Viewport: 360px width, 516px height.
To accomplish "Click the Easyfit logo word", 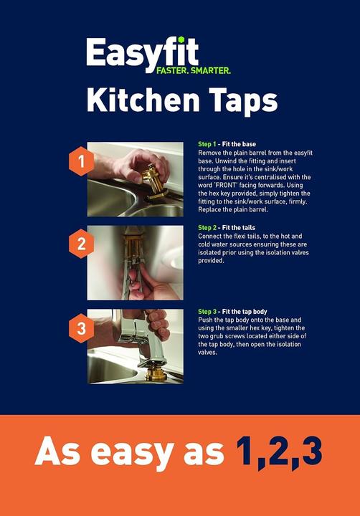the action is pos(142,54).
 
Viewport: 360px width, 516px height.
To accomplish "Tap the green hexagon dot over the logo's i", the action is pos(181,40).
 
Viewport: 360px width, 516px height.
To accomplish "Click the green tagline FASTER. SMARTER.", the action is pos(194,70).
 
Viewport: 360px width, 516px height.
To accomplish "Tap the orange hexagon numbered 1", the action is pos(81,161).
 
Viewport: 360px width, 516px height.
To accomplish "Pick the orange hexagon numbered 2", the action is pos(81,244).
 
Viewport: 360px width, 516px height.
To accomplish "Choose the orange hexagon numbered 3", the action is pos(81,328).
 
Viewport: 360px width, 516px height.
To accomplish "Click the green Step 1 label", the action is pos(207,144).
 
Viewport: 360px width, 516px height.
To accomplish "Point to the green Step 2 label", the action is pos(207,228).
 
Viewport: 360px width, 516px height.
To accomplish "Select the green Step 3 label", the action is pos(207,312).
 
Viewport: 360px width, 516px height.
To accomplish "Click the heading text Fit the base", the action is pos(239,144).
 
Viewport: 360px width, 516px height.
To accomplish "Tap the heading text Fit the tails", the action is pos(239,228).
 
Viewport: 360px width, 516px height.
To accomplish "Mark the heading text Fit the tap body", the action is pos(245,312).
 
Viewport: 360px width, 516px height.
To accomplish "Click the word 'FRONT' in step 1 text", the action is pos(226,185).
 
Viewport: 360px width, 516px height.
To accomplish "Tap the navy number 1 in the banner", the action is pos(247,450).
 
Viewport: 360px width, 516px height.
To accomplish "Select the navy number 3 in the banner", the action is pos(310,450).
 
